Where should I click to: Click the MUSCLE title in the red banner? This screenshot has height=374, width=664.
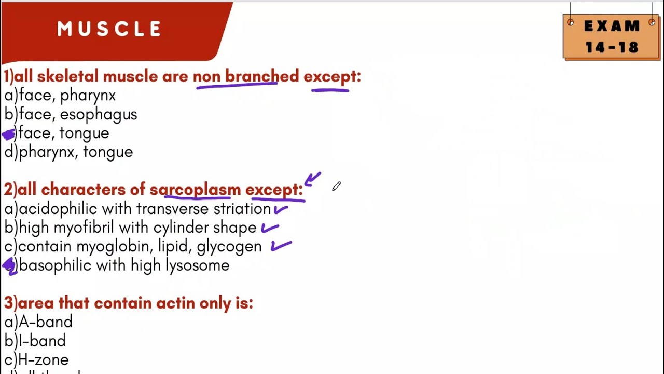click(109, 29)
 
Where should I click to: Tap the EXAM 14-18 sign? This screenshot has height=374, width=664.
click(612, 37)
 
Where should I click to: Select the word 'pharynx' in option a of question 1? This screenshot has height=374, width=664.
click(88, 96)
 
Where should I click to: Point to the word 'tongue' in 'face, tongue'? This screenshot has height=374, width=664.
click(84, 134)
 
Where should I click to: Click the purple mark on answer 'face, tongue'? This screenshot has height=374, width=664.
click(9, 135)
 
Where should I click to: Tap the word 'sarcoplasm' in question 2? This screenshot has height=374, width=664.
click(195, 190)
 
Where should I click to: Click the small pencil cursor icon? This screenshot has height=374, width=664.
click(336, 186)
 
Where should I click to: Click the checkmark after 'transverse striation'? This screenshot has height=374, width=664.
click(281, 209)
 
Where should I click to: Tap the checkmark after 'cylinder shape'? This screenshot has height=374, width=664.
click(270, 228)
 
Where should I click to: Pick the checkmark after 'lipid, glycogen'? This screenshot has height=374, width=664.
click(281, 246)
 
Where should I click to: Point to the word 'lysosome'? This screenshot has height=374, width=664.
click(197, 266)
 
